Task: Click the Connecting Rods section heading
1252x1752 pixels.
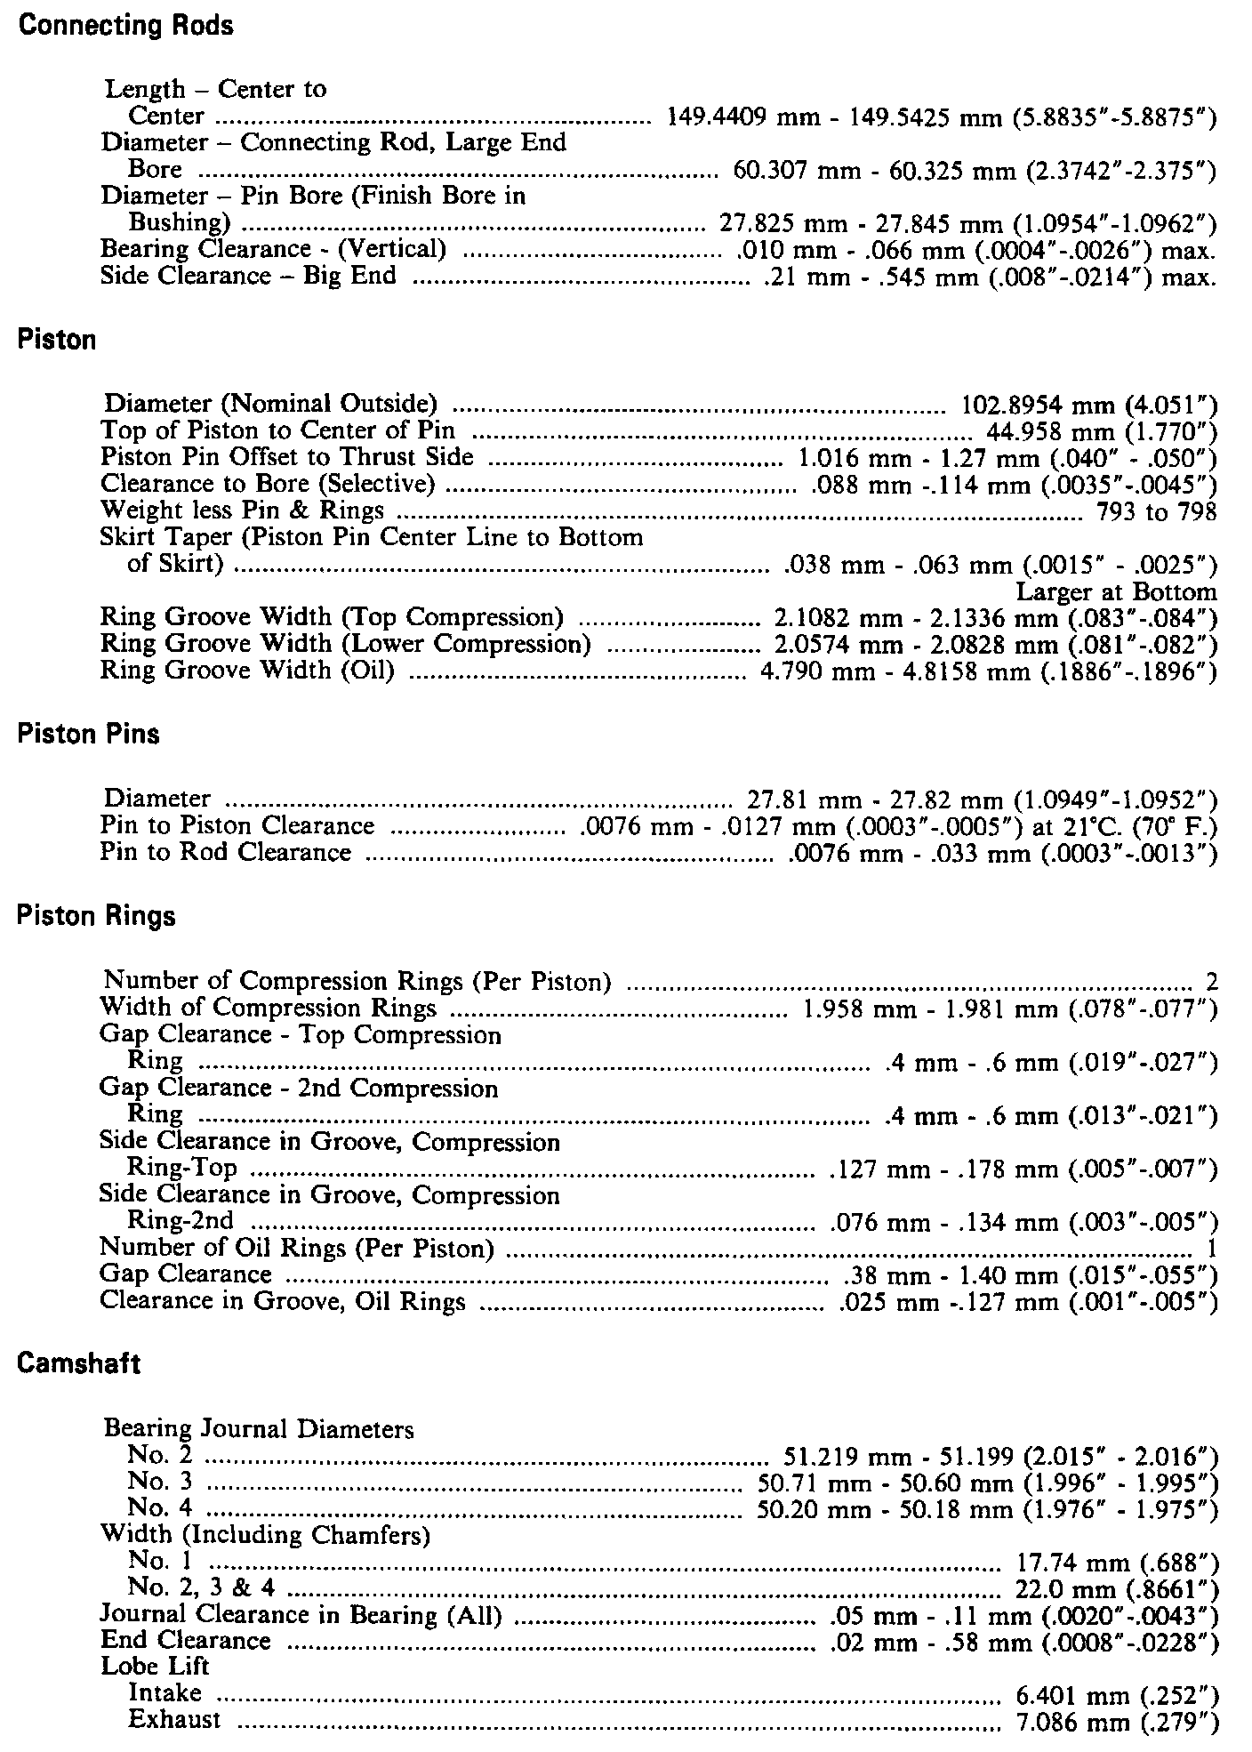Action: coord(125,26)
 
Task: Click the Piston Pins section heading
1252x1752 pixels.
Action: coord(88,735)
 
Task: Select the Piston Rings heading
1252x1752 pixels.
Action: coord(96,916)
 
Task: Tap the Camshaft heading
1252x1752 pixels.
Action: coord(78,1364)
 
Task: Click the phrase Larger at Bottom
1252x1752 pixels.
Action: coord(1116,592)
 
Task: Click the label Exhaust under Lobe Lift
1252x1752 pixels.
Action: coord(174,1720)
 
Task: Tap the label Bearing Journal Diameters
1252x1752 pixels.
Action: coord(259,1429)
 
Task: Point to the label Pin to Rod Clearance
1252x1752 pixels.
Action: coord(226,853)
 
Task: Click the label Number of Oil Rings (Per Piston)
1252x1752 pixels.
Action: coord(297,1249)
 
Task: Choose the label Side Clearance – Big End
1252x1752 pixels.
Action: coord(248,276)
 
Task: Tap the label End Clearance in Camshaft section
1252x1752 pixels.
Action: coord(185,1641)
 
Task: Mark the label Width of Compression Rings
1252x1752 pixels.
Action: coord(268,1008)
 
